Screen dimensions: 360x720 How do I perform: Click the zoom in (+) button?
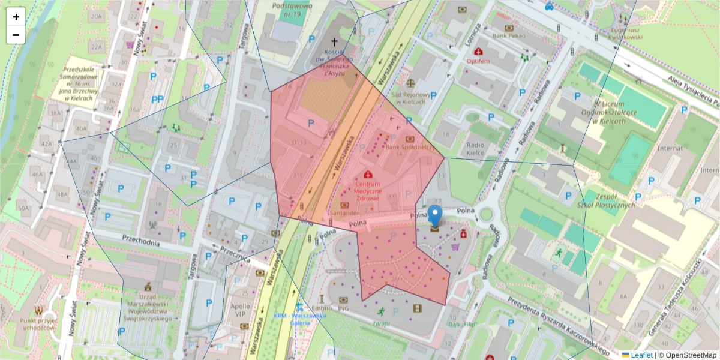pyautogui.click(x=16, y=17)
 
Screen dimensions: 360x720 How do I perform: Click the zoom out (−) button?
pyautogui.click(x=16, y=35)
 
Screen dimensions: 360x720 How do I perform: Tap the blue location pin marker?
pyautogui.click(x=436, y=216)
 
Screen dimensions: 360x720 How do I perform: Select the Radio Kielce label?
pyautogui.click(x=475, y=149)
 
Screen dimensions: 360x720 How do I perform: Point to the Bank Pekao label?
pyautogui.click(x=509, y=35)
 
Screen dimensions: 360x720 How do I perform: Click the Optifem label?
pyautogui.click(x=478, y=61)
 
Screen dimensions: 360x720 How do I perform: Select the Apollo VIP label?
pyautogui.click(x=241, y=310)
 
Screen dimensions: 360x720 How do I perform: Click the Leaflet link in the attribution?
pyautogui.click(x=641, y=355)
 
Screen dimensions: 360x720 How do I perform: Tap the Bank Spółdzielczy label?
pyautogui.click(x=410, y=146)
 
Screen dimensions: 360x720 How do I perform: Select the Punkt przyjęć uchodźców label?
pyautogui.click(x=38, y=323)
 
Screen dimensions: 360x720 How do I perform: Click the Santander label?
pyautogui.click(x=345, y=213)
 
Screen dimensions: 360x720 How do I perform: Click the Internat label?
pyautogui.click(x=670, y=147)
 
